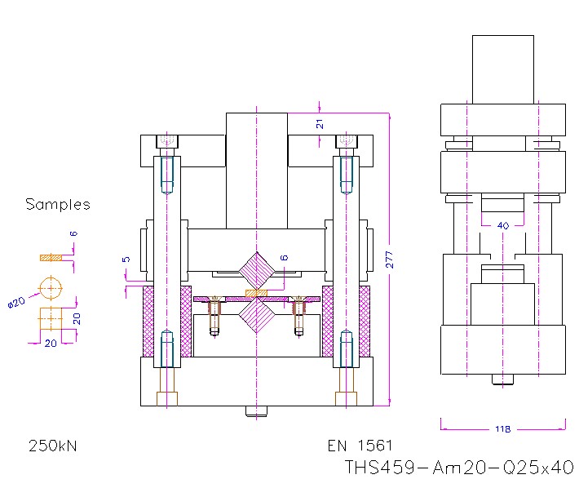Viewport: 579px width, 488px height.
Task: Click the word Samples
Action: (57, 204)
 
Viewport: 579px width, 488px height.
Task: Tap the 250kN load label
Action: (54, 446)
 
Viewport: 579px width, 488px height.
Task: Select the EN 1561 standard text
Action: (360, 446)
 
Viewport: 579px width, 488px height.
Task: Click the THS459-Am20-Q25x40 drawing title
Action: (459, 468)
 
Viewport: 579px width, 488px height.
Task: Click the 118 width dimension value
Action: (503, 427)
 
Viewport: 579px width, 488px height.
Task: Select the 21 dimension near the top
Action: (320, 123)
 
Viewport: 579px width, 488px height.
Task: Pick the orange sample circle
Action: (51, 287)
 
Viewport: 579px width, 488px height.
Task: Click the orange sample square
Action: (51, 319)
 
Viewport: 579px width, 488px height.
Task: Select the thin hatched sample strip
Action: (51, 258)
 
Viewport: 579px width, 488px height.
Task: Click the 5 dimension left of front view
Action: (126, 260)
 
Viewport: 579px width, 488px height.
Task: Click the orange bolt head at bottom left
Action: (166, 398)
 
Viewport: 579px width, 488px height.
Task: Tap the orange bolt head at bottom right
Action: (346, 398)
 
